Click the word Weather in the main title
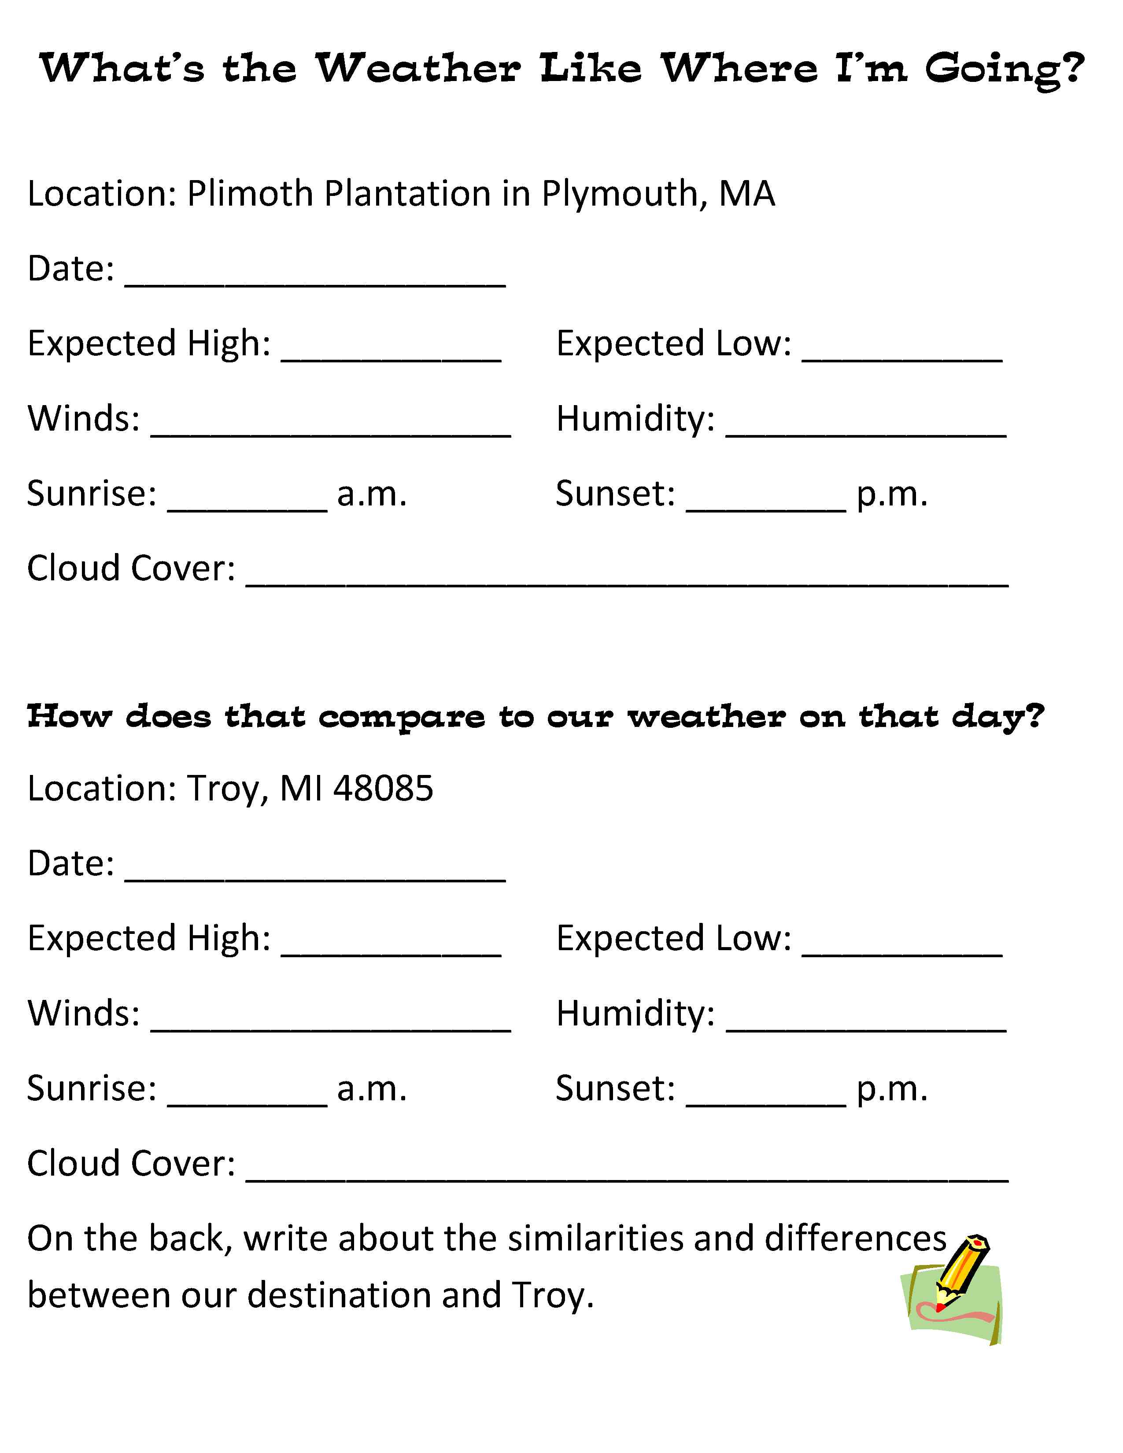pos(417,69)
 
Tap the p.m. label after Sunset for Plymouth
pos(891,494)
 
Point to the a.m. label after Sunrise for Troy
pos(372,1089)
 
